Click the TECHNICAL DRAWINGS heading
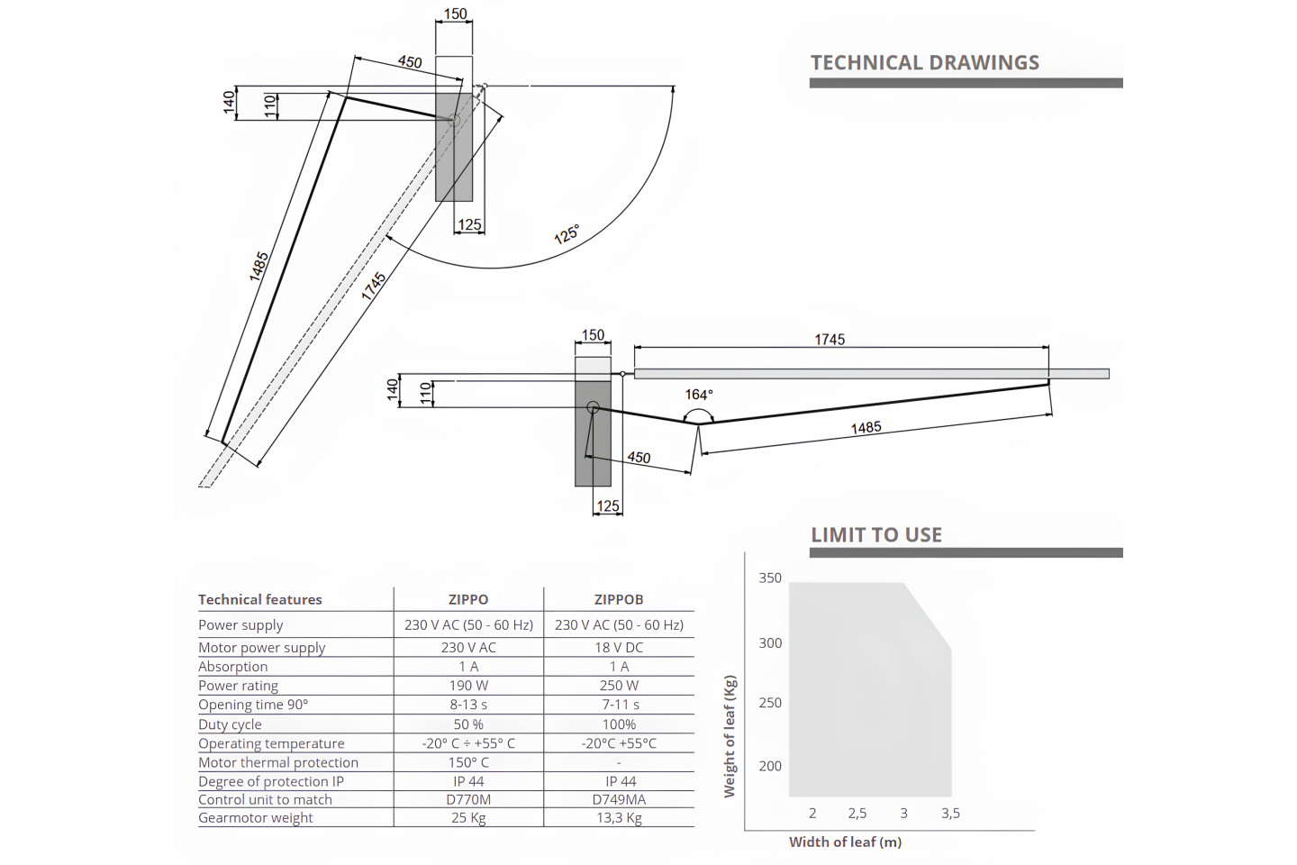click(x=925, y=62)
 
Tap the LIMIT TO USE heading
click(x=876, y=534)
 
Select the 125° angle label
click(x=567, y=234)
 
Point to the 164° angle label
click(x=699, y=395)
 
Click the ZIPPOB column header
click(x=619, y=600)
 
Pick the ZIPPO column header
click(x=468, y=600)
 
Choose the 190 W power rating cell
click(x=468, y=686)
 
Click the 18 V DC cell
click(x=619, y=647)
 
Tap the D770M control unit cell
click(x=468, y=799)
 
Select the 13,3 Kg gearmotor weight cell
click(x=619, y=818)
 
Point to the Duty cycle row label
click(x=230, y=724)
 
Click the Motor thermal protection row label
click(x=278, y=762)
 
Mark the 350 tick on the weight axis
click(x=770, y=578)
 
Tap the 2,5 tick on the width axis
click(x=857, y=814)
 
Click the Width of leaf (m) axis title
click(x=846, y=842)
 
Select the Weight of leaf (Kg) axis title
click(x=730, y=736)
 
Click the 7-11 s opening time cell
click(x=619, y=705)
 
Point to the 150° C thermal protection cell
click(x=468, y=762)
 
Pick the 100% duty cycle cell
click(x=619, y=724)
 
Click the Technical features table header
click(x=260, y=600)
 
